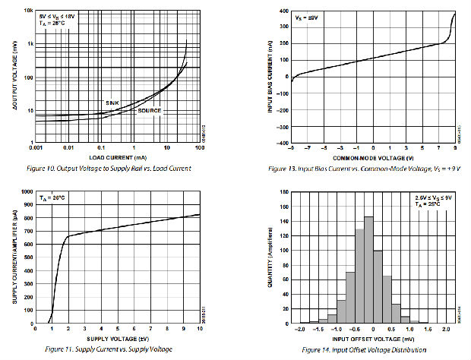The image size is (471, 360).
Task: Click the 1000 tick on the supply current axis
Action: point(27,194)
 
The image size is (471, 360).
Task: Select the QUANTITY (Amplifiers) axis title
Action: point(272,258)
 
